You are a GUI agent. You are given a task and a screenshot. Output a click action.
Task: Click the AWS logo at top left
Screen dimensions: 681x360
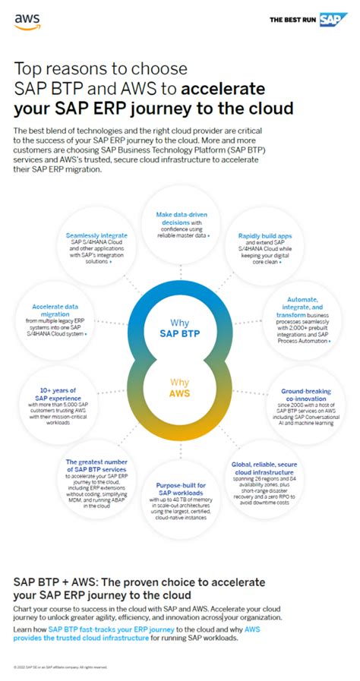point(27,21)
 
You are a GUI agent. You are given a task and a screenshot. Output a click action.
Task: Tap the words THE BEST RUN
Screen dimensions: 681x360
point(293,20)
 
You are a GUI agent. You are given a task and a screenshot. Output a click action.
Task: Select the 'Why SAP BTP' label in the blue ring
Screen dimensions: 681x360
point(180,326)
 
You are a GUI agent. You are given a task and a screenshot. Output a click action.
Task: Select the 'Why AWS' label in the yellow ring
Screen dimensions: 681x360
point(180,389)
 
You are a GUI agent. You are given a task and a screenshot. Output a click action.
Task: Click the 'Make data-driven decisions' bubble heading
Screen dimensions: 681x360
point(178,219)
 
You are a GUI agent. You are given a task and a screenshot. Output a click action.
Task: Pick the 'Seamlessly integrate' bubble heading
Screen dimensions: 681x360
point(96,236)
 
